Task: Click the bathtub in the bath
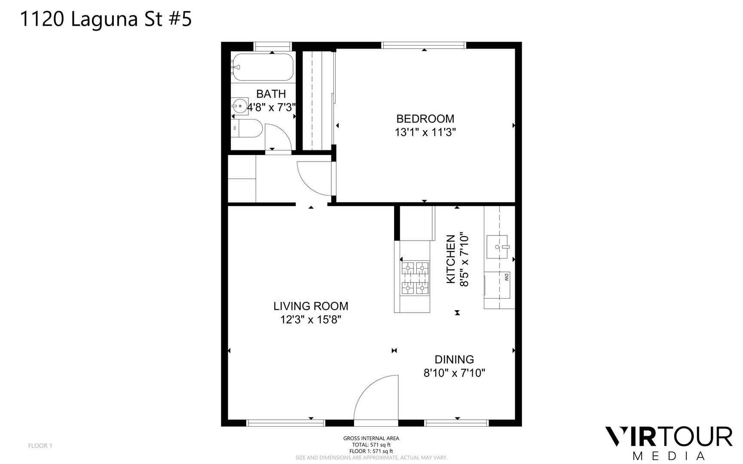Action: pyautogui.click(x=262, y=67)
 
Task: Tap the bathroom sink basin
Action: pyautogui.click(x=239, y=105)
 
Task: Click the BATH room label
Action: pyautogui.click(x=271, y=94)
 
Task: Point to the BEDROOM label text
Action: pyautogui.click(x=425, y=119)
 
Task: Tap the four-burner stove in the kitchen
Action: pyautogui.click(x=415, y=278)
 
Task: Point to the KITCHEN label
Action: pyautogui.click(x=451, y=259)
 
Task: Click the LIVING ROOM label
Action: pyautogui.click(x=311, y=306)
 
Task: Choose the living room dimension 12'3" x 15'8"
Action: pyautogui.click(x=311, y=320)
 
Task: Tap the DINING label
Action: pyautogui.click(x=454, y=359)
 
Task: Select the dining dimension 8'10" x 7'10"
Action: pyautogui.click(x=454, y=373)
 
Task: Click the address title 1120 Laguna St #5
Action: pyautogui.click(x=106, y=20)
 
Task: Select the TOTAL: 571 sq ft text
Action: pyautogui.click(x=371, y=445)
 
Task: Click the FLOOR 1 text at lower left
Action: pyautogui.click(x=40, y=446)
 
